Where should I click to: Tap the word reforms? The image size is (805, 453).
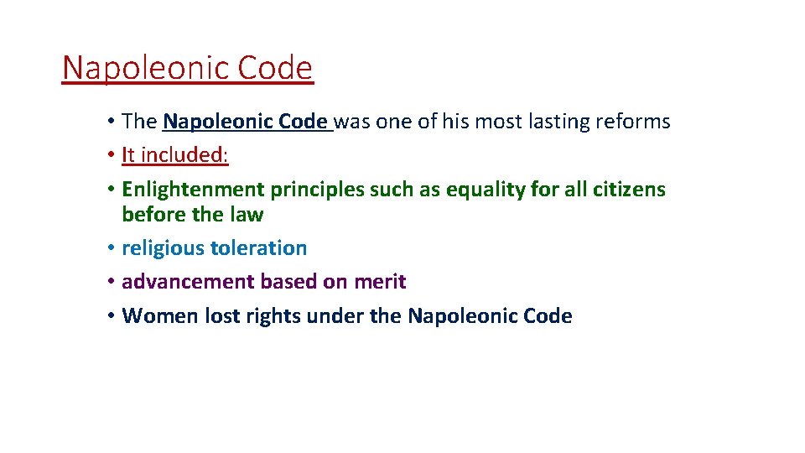coord(636,122)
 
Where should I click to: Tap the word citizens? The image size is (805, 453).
coord(629,190)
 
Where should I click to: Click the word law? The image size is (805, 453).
coord(247,215)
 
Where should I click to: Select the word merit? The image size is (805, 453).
coord(380,282)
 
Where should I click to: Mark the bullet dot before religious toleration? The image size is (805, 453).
coord(112,248)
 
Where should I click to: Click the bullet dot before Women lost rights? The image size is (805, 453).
coord(112,316)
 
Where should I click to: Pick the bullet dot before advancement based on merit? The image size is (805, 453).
coord(112,282)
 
